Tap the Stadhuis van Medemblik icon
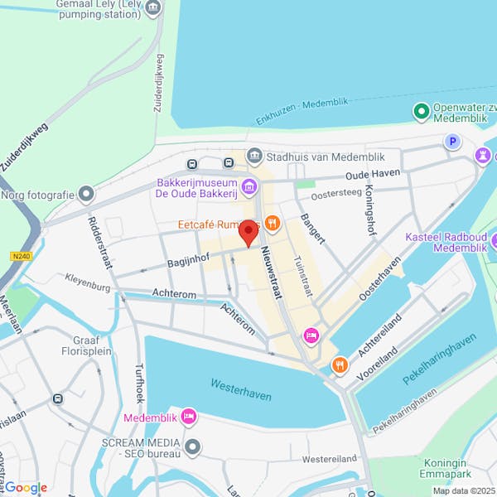(255, 155)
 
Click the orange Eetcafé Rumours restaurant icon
(273, 224)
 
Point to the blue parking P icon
(453, 142)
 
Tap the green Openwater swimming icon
(421, 110)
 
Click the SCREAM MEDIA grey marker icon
(193, 448)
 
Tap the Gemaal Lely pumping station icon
(152, 9)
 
